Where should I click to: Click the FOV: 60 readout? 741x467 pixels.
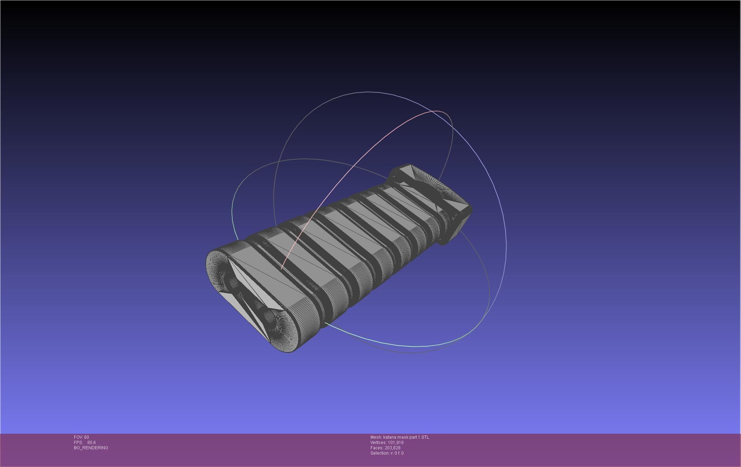[81, 437]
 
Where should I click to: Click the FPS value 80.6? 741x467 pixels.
[91, 443]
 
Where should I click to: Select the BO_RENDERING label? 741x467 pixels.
[91, 448]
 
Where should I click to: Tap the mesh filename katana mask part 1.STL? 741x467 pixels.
[406, 437]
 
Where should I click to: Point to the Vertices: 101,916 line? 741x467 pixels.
[387, 443]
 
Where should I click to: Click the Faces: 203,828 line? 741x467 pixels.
[385, 448]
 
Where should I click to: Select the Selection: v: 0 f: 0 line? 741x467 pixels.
[387, 453]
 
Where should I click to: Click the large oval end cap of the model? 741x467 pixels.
[247, 301]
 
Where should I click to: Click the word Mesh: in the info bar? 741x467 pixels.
[376, 437]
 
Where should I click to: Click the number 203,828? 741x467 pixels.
[392, 448]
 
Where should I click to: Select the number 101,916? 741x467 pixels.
[396, 443]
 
